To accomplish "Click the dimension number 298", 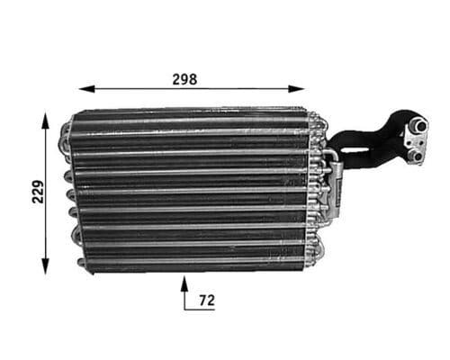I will tap(184, 78).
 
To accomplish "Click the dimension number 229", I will tap(37, 193).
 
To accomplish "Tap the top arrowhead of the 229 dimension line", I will tap(45, 118).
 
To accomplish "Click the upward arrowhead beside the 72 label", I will tap(184, 283).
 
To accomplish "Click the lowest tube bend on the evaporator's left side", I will tap(81, 263).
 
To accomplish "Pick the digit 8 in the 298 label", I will tap(193, 78).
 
